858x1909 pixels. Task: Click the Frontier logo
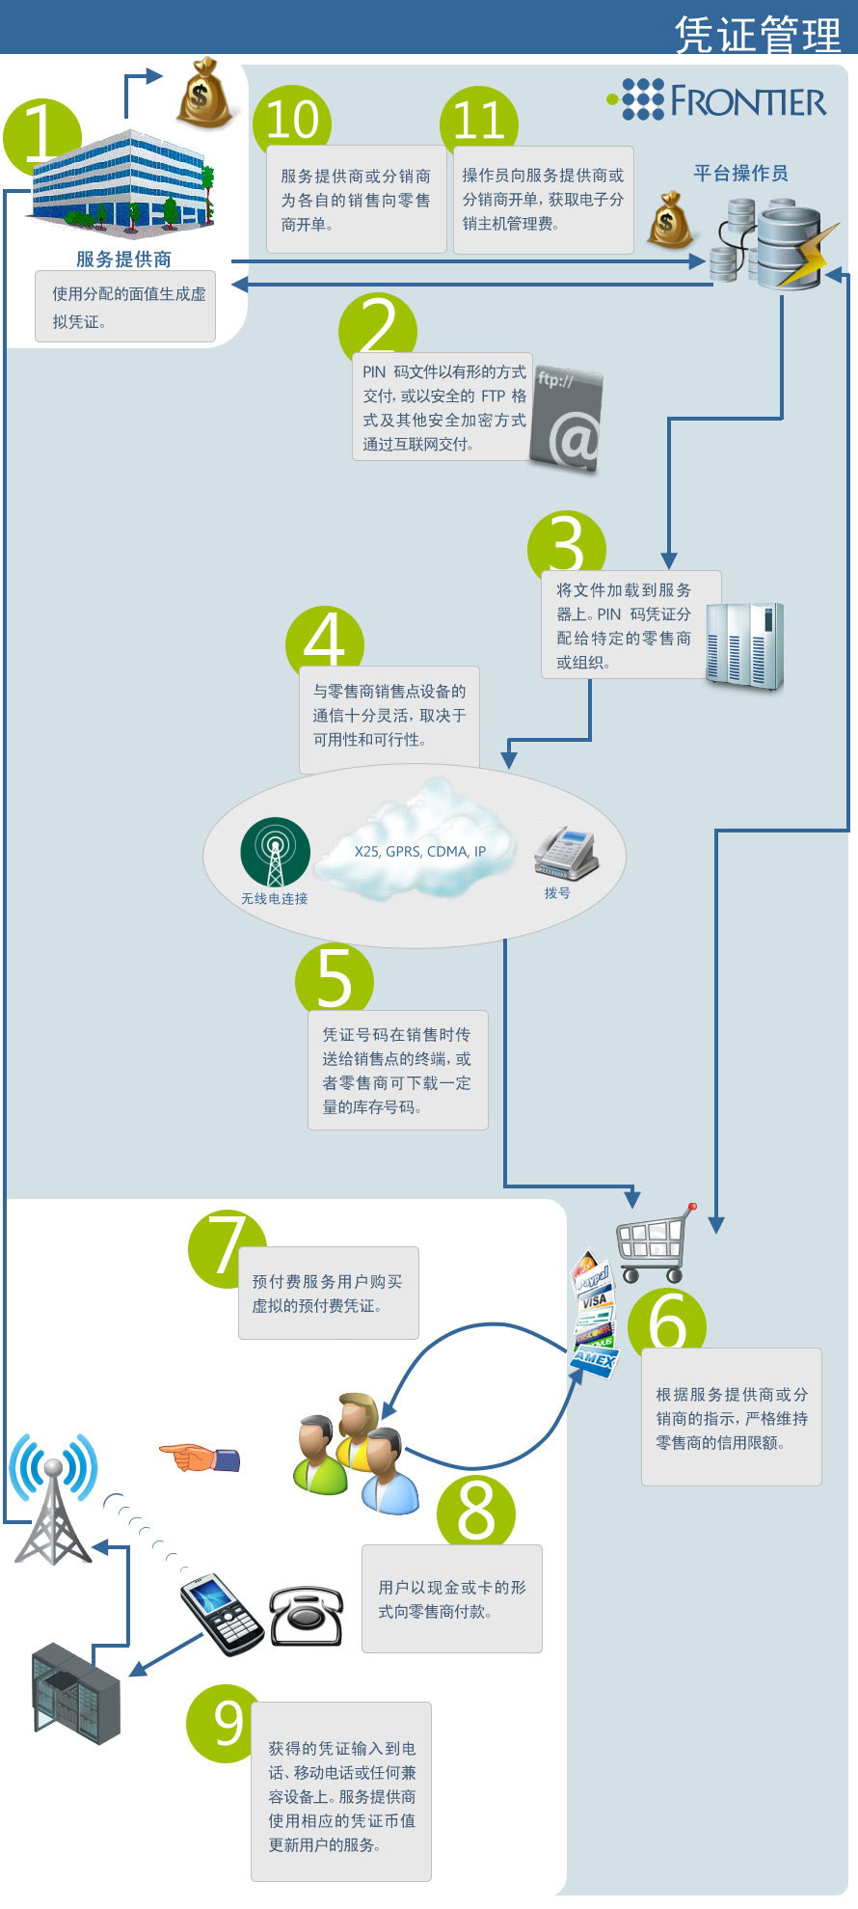click(x=716, y=100)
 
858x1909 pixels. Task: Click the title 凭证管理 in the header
click(x=758, y=35)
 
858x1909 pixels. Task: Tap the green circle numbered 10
click(x=292, y=120)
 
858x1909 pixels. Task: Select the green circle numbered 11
click(x=479, y=121)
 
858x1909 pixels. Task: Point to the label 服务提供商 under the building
click(x=124, y=259)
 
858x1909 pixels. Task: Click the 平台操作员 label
click(x=740, y=173)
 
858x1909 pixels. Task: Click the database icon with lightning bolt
click(x=777, y=243)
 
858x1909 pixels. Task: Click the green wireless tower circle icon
click(x=275, y=853)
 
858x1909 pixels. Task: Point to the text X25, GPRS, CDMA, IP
click(x=420, y=851)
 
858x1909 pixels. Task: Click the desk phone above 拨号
click(x=567, y=853)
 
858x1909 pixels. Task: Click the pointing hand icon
click(x=199, y=1458)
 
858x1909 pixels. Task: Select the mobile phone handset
click(x=222, y=1614)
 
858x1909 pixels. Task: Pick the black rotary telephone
click(x=306, y=1616)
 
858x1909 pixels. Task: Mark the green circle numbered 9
click(x=225, y=1724)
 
